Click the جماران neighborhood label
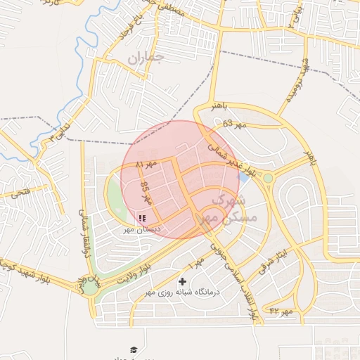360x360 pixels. click(x=145, y=59)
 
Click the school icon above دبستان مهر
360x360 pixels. click(x=143, y=219)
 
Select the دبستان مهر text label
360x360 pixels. click(x=143, y=229)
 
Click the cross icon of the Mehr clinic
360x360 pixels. click(x=183, y=281)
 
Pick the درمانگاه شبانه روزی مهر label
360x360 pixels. click(x=183, y=291)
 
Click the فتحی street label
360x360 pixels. click(x=21, y=191)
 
